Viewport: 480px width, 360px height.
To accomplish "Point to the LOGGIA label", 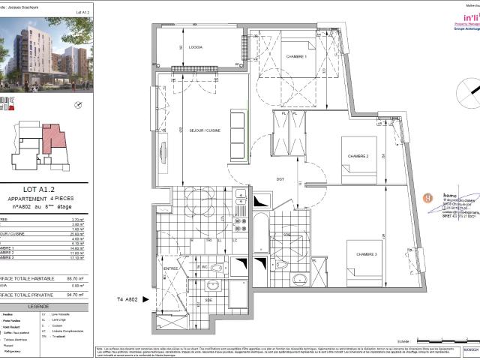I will click(196, 47).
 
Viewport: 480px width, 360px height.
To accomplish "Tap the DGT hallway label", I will click(280, 178).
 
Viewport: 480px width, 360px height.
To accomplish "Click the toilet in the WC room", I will click(215, 268).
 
